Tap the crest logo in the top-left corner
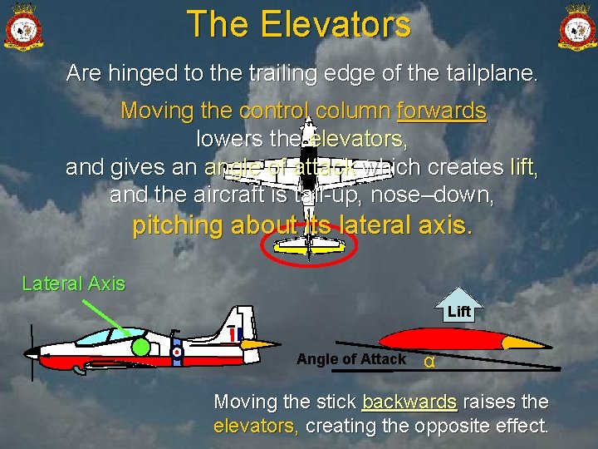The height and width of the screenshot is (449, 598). (x=24, y=27)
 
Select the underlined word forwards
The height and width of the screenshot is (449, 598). (x=441, y=111)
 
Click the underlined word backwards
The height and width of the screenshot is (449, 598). (x=409, y=402)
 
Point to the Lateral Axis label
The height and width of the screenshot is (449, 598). (x=74, y=284)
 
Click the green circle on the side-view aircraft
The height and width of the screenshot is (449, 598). (x=141, y=347)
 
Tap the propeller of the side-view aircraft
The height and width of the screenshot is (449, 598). (x=32, y=354)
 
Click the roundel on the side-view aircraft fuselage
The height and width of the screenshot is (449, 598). (x=177, y=352)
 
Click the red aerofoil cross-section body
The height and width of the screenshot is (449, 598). (x=440, y=339)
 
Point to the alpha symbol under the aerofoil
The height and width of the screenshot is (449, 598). (x=429, y=362)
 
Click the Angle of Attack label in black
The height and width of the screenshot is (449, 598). (x=350, y=359)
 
